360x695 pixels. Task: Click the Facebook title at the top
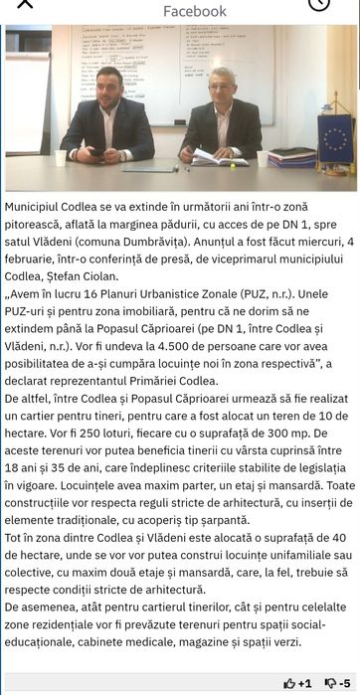(195, 11)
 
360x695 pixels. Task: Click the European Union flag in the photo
(335, 136)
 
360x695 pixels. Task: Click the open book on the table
(217, 157)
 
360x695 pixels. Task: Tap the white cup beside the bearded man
(60, 157)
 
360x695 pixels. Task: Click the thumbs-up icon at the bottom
(289, 683)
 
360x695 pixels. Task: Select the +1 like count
(305, 683)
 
